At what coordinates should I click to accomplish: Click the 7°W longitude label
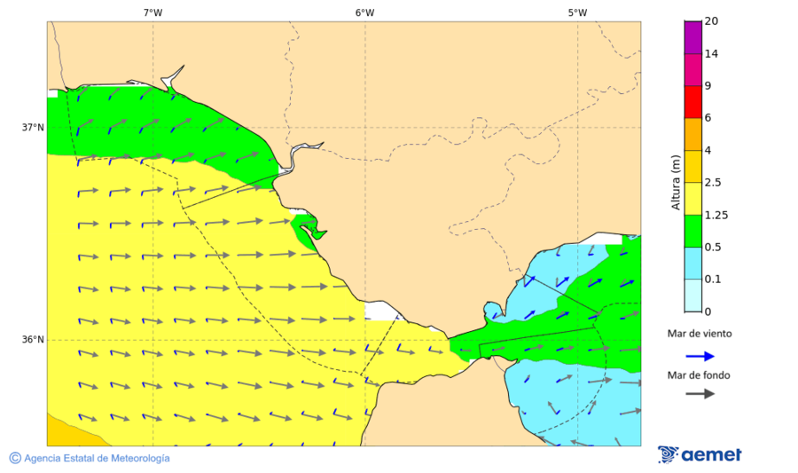[x=153, y=12]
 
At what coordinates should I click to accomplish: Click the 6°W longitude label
[x=364, y=12]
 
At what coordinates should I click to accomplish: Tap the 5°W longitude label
[x=577, y=12]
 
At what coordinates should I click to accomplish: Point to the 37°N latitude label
[x=33, y=127]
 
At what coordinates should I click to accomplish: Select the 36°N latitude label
[x=33, y=339]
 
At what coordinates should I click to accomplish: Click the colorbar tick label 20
[x=711, y=21]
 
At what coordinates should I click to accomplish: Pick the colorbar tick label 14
[x=711, y=53]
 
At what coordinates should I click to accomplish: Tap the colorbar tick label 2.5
[x=713, y=183]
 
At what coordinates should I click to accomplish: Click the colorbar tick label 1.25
[x=716, y=215]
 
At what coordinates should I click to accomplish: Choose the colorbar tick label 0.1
[x=713, y=280]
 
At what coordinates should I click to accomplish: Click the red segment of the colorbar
[x=692, y=101]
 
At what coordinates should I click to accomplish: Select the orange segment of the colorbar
[x=692, y=134]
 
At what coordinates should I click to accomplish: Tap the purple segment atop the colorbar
[x=692, y=37]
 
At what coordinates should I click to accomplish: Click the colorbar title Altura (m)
[x=676, y=183]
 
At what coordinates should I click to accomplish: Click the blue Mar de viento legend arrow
[x=700, y=356]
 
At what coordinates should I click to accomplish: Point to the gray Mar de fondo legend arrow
[x=700, y=393]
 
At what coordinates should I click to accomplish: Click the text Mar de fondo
[x=700, y=375]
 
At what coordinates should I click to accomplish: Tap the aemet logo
[x=700, y=454]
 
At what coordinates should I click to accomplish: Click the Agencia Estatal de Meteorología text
[x=97, y=458]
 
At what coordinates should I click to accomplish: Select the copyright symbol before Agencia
[x=15, y=458]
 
